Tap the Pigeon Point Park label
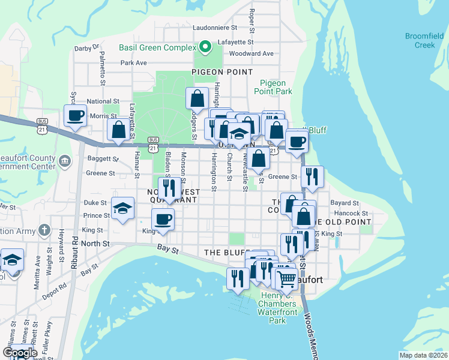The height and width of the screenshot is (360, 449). click(276, 87)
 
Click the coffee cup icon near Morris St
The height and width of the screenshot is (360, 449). click(76, 115)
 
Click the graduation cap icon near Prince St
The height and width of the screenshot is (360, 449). click(123, 208)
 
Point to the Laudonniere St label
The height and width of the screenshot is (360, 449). click(218, 28)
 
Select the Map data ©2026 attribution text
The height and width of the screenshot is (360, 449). click(423, 355)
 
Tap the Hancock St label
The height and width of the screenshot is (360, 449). click(351, 213)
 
